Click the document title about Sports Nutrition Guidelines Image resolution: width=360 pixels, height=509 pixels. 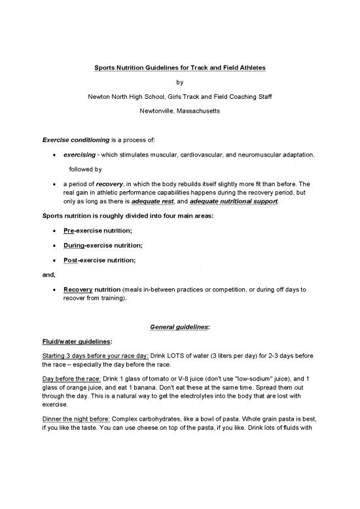coord(180,67)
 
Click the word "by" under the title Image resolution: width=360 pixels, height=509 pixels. coord(180,83)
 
